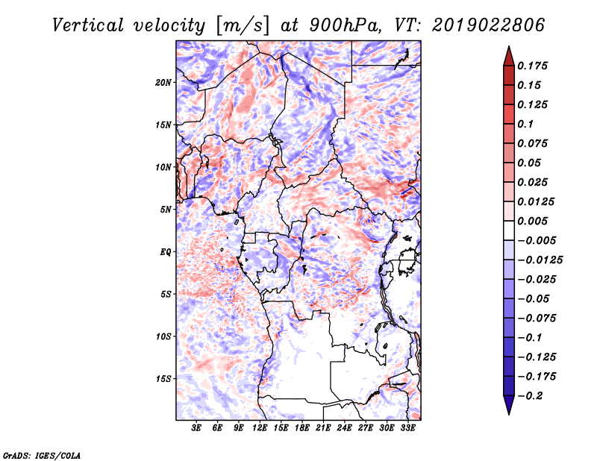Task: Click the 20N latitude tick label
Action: tap(163, 83)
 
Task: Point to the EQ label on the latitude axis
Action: tap(165, 252)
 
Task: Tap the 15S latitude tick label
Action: tap(163, 379)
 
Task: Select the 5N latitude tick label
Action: tap(166, 210)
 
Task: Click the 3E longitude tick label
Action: tap(196, 428)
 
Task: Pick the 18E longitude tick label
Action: tap(302, 428)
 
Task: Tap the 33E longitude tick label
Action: tap(407, 428)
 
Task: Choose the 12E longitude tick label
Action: tap(260, 428)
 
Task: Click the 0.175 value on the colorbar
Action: tap(532, 66)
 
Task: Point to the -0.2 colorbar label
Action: tap(530, 396)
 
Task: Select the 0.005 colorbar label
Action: tap(532, 221)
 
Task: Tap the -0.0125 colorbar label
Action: tap(540, 260)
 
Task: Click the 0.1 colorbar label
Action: tap(525, 124)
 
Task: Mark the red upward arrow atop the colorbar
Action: tap(509, 56)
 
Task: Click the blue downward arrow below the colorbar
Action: tap(509, 405)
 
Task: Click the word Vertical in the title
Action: tap(88, 25)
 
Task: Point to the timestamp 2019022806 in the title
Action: tap(489, 25)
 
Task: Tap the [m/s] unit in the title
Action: tap(243, 26)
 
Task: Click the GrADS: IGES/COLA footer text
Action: tap(42, 455)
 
